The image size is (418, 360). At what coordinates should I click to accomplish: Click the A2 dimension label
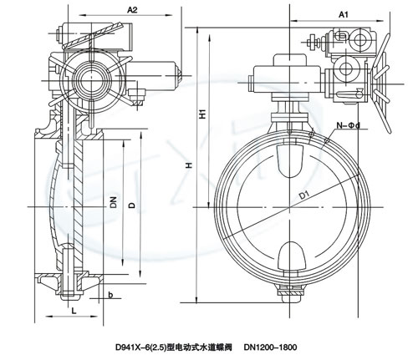pyautogui.click(x=132, y=10)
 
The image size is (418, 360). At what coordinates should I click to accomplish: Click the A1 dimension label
pyautogui.click(x=344, y=14)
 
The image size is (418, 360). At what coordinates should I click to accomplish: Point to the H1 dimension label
pyautogui.click(x=204, y=114)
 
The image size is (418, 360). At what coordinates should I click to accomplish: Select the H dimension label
pyautogui.click(x=190, y=165)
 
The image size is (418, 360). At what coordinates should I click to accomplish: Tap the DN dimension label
pyautogui.click(x=113, y=202)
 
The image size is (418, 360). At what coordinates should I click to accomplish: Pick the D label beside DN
pyautogui.click(x=132, y=205)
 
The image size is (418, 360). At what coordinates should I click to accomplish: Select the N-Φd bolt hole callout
pyautogui.click(x=349, y=125)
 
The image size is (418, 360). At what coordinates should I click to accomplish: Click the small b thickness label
pyautogui.click(x=110, y=295)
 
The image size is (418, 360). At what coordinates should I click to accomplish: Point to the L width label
pyautogui.click(x=74, y=311)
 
